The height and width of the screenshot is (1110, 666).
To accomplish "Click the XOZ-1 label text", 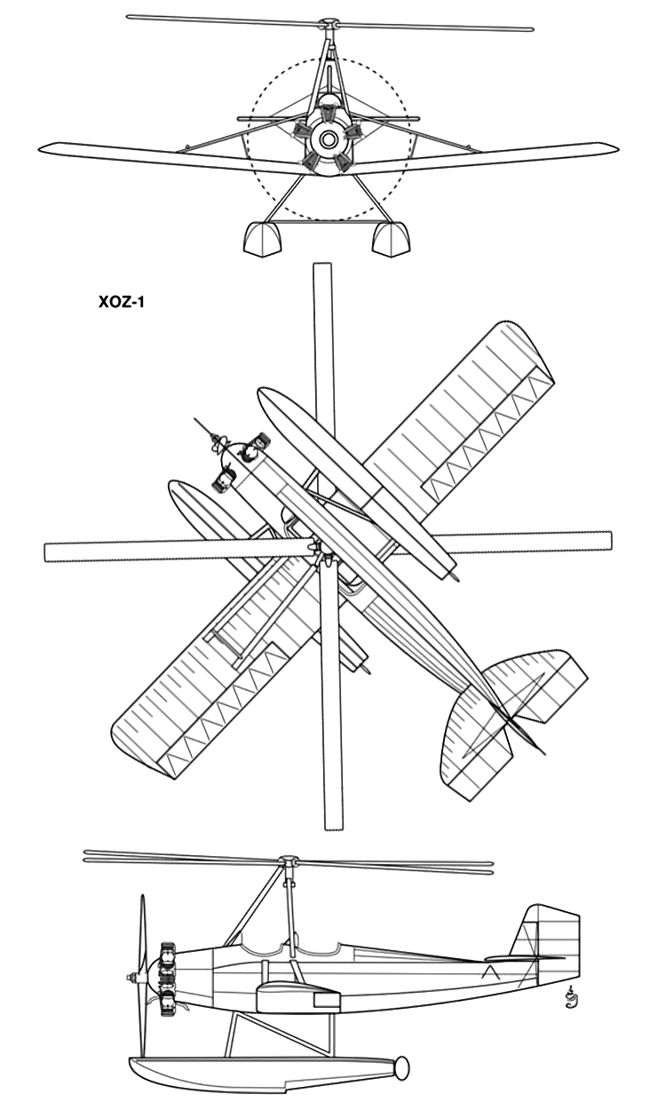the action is [122, 302].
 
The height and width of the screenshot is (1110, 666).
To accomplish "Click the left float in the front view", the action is [263, 240].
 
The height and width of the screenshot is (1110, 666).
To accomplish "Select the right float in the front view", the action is [391, 240].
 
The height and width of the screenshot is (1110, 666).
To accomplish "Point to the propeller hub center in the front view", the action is [327, 139].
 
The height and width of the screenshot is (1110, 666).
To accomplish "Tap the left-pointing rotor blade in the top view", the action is [178, 552].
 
